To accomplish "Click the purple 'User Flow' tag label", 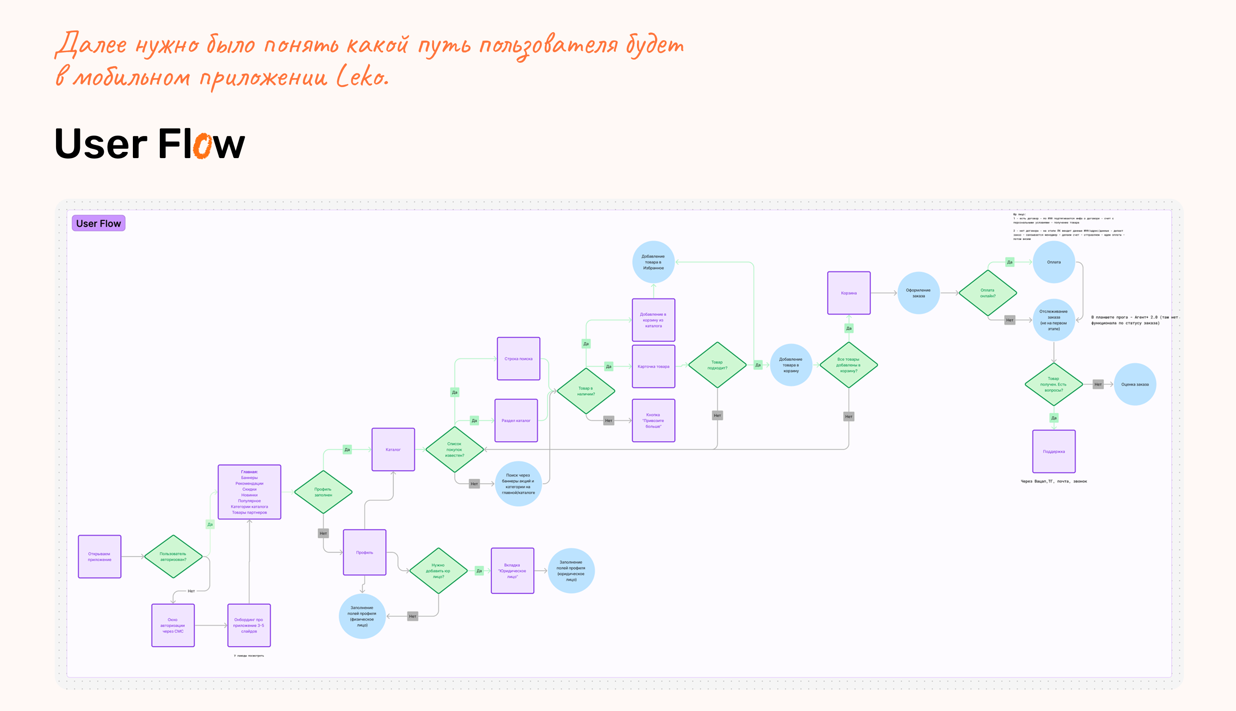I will (x=98, y=223).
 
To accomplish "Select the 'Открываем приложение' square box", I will (x=100, y=557).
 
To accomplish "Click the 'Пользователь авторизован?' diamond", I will (x=173, y=557).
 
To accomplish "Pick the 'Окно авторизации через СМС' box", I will (x=173, y=625).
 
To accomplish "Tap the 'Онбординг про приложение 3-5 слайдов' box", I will (x=249, y=625).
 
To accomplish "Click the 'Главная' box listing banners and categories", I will (x=249, y=492).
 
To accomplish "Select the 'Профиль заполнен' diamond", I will (x=323, y=492).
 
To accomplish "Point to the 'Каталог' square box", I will (x=393, y=449).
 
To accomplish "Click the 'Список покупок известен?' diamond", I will (x=454, y=449).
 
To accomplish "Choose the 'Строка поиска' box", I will (x=518, y=359).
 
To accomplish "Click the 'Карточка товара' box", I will (x=653, y=366).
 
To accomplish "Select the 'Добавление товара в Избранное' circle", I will (x=653, y=262).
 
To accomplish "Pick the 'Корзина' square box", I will (x=848, y=293).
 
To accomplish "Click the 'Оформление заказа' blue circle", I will (x=918, y=293).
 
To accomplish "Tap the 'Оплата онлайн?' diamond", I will (x=987, y=293).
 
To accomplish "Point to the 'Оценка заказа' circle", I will (x=1134, y=384).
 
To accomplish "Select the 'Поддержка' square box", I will (x=1054, y=451).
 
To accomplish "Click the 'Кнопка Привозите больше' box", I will (x=653, y=420).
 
